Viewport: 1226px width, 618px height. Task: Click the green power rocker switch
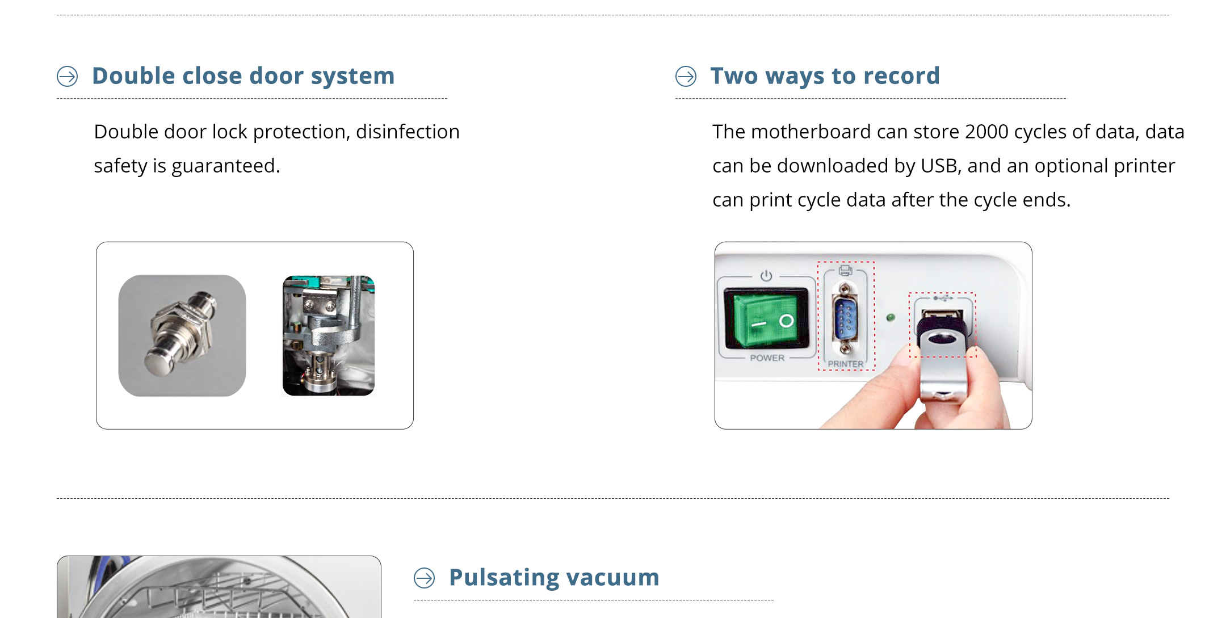click(x=766, y=318)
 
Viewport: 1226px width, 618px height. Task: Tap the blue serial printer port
click(x=845, y=318)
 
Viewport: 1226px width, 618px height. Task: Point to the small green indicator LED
click(x=891, y=318)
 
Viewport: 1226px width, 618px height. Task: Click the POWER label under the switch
click(x=767, y=358)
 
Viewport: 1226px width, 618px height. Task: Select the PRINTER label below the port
click(x=845, y=364)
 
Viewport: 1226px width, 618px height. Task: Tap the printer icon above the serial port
click(x=846, y=270)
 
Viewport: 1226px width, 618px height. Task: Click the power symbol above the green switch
click(x=766, y=276)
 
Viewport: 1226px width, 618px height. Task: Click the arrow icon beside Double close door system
click(x=68, y=76)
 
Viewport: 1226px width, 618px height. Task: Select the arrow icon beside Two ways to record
click(x=686, y=76)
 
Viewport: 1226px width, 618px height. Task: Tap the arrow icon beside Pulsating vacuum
click(x=424, y=578)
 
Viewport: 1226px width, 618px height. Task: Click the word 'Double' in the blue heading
click(x=133, y=75)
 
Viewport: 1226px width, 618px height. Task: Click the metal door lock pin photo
click(x=182, y=335)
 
